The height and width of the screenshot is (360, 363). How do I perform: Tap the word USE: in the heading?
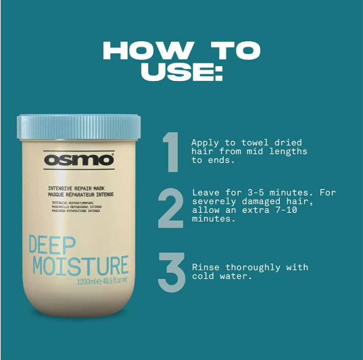(x=181, y=72)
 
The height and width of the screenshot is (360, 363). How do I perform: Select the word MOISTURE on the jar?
(x=80, y=265)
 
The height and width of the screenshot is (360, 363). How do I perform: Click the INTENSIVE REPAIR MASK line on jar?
(x=76, y=187)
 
